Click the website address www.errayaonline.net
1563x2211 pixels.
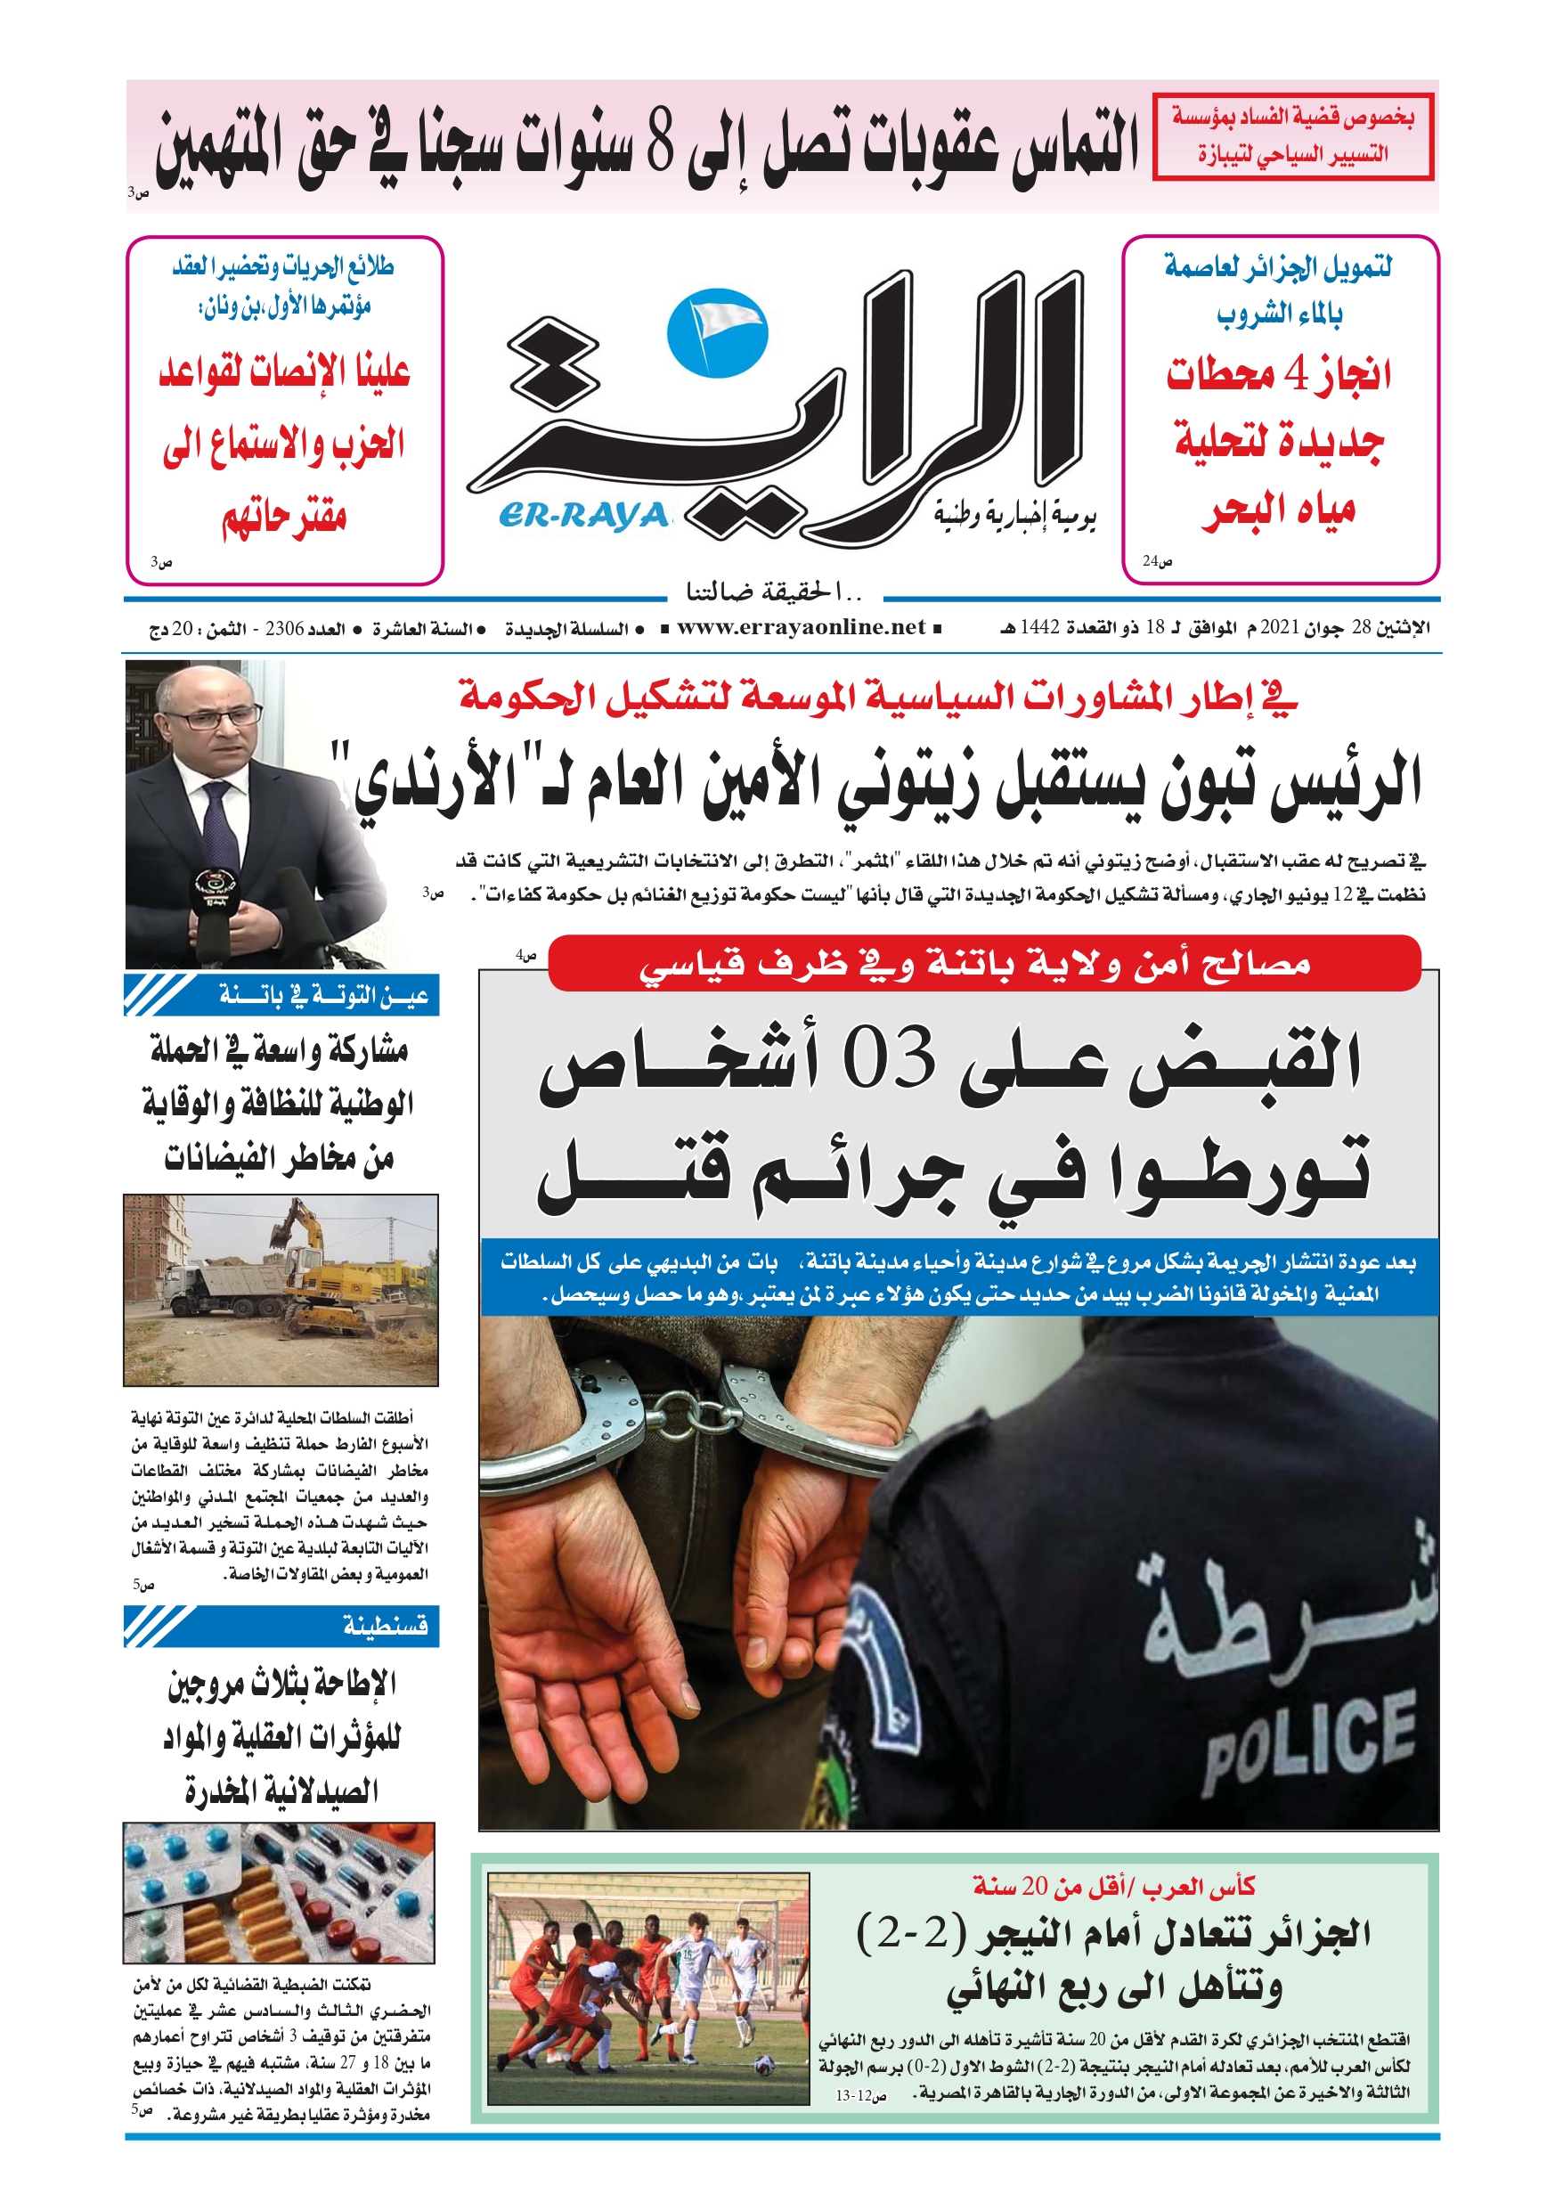click(801, 628)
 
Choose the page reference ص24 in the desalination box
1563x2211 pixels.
click(1158, 560)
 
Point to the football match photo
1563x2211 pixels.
click(648, 1987)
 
